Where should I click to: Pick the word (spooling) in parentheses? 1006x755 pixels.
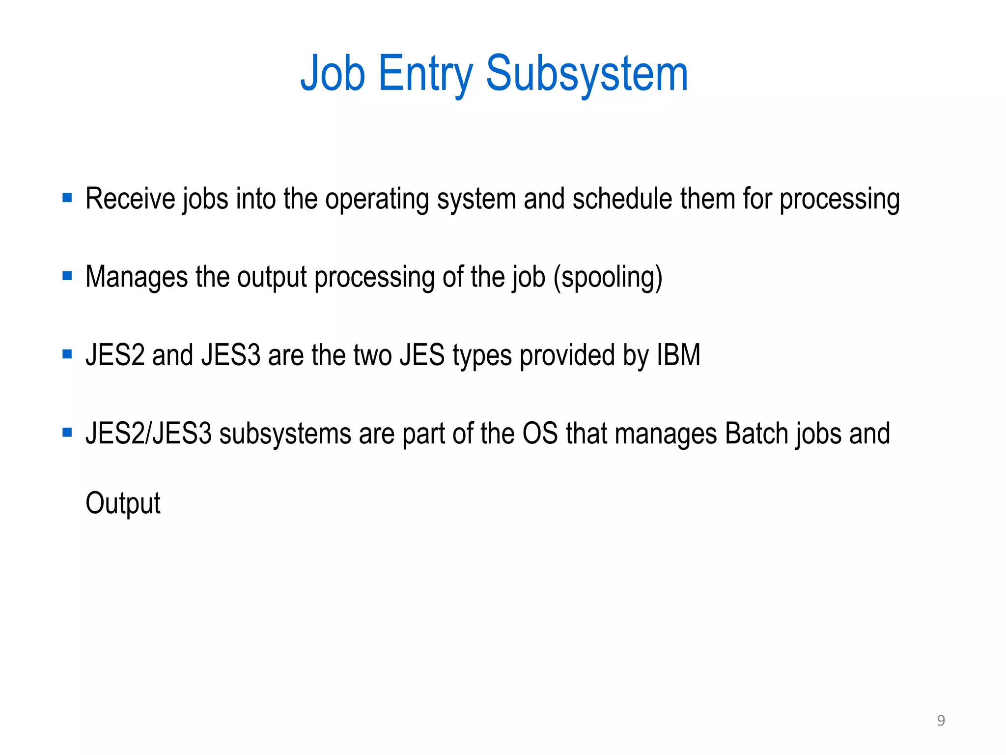point(608,277)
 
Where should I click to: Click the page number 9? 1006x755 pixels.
point(941,721)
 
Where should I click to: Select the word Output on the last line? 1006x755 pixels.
point(123,503)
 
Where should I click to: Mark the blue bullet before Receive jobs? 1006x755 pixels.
point(67,198)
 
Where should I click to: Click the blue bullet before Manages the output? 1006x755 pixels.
point(67,276)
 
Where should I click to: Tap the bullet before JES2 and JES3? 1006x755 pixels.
point(67,354)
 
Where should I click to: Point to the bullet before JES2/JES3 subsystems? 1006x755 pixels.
point(67,433)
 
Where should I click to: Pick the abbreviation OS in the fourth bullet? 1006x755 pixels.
point(540,434)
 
